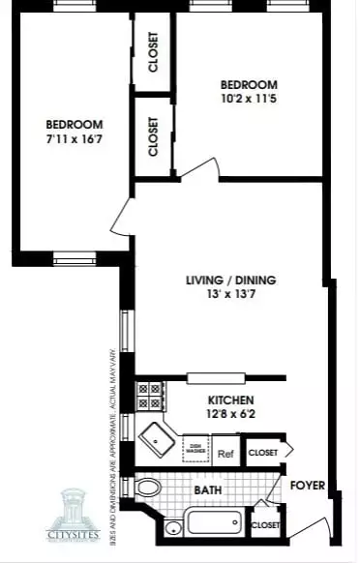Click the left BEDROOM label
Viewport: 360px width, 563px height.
(75, 125)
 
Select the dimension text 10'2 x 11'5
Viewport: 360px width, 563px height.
(249, 100)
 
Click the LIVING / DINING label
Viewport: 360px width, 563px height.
(230, 281)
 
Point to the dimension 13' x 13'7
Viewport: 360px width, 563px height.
(230, 296)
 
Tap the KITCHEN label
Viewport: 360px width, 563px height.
(230, 400)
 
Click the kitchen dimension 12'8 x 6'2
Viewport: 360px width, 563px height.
(230, 415)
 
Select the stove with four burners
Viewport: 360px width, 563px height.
(150, 396)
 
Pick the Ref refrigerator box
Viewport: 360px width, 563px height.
(225, 452)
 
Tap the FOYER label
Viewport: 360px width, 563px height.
(307, 486)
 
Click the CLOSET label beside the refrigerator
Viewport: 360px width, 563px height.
(263, 452)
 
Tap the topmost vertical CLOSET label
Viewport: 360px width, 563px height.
(153, 54)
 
